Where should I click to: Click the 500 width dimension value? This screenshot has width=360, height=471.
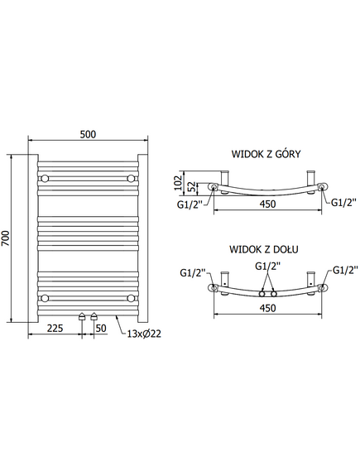click(x=88, y=134)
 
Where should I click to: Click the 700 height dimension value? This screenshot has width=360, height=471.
click(x=6, y=238)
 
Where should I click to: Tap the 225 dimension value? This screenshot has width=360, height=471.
click(x=55, y=328)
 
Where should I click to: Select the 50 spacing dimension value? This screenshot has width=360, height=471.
click(x=101, y=328)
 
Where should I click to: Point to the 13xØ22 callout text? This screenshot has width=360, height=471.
click(x=144, y=334)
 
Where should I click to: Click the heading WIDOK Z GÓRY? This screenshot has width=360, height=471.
click(x=266, y=154)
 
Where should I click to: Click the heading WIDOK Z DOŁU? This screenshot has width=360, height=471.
click(x=264, y=249)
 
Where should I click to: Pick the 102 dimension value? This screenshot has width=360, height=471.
click(x=178, y=182)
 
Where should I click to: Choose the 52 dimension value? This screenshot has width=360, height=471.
click(x=191, y=187)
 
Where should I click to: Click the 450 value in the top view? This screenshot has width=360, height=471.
click(x=267, y=204)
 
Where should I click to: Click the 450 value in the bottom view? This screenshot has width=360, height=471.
click(x=267, y=308)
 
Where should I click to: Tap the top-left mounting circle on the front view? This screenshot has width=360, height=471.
click(x=45, y=179)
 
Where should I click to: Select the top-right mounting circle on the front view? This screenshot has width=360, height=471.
click(x=131, y=179)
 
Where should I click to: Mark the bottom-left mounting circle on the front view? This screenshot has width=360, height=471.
click(x=45, y=298)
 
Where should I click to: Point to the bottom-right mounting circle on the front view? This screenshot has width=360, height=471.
click(x=131, y=298)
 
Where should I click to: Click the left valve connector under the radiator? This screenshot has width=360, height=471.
click(x=82, y=316)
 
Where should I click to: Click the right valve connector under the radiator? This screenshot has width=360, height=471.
click(x=94, y=316)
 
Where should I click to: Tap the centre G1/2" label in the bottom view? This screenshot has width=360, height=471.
click(x=267, y=266)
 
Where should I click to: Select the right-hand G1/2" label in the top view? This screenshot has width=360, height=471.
click(x=343, y=203)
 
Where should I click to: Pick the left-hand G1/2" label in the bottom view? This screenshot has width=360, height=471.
click(x=193, y=272)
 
